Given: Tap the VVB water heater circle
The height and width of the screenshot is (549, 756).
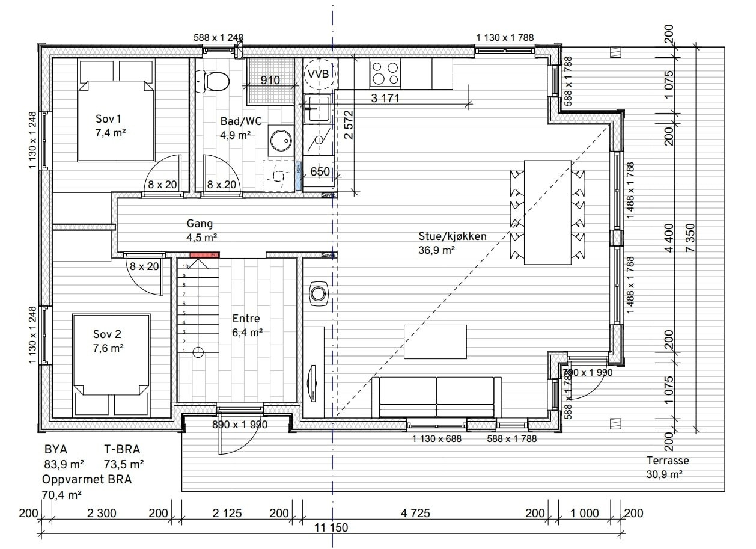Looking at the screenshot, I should (x=318, y=73).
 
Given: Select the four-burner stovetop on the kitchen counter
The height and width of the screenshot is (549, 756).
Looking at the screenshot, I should (x=385, y=73).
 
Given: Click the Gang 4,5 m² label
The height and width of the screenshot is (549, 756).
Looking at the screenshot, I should (x=200, y=230).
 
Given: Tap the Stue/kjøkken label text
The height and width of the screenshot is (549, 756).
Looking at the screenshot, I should (x=452, y=236).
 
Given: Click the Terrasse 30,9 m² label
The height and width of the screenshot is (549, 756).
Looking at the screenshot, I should (x=667, y=467).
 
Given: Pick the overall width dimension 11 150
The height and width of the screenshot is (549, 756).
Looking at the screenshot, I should (x=331, y=527).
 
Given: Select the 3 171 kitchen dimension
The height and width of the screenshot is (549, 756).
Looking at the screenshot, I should (x=385, y=98).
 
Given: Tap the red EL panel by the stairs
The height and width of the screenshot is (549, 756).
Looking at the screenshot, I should (x=204, y=256).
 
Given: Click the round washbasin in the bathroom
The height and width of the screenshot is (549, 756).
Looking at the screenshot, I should (x=279, y=140).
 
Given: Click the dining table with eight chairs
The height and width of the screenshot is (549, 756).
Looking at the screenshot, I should (x=547, y=212).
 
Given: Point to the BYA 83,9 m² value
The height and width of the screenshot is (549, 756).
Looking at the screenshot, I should (x=64, y=464).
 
